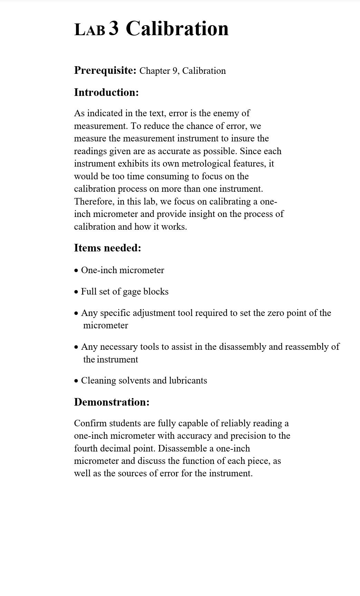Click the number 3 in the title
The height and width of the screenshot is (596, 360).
tap(114, 28)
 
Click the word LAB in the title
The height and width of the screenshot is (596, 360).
tap(90, 30)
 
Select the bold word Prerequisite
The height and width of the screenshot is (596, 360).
tap(105, 70)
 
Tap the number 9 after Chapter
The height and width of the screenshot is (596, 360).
tap(175, 71)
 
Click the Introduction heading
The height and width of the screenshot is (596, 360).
tap(106, 92)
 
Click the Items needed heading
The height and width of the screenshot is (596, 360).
tap(107, 248)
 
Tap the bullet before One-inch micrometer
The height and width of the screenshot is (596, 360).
tap(76, 271)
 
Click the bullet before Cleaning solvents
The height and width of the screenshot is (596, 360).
tap(76, 381)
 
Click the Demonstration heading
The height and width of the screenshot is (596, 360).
tap(111, 402)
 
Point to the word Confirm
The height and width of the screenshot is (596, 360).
tap(90, 423)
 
